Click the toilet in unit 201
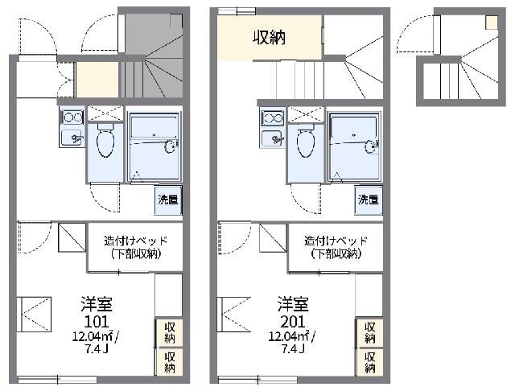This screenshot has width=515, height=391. point(306,142)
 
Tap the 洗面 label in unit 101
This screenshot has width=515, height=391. point(167,199)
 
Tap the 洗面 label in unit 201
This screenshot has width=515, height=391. point(369,199)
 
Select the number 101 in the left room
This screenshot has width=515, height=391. point(90,320)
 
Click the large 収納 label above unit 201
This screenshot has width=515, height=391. point(270,38)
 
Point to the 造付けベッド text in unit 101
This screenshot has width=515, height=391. point(134,241)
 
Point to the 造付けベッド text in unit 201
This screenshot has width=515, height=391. point(335,241)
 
